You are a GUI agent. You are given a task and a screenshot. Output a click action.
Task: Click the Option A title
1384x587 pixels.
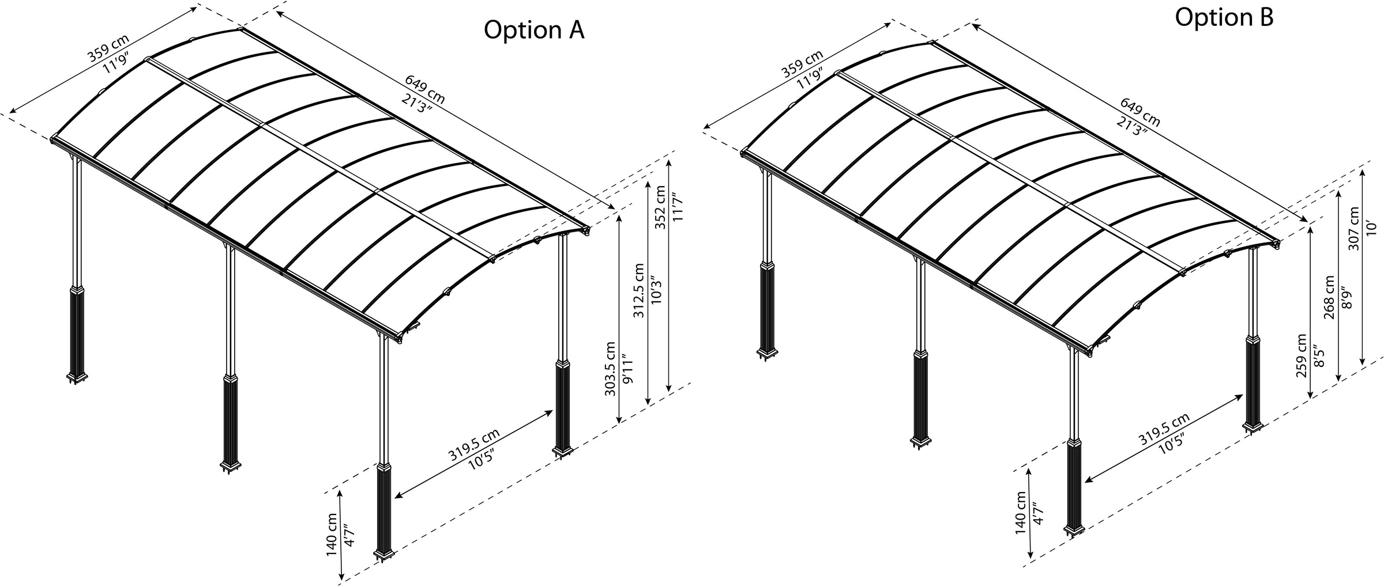click(x=534, y=31)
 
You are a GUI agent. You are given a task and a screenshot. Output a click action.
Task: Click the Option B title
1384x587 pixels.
click(x=1224, y=17)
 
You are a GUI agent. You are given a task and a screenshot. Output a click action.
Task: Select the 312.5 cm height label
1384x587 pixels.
click(x=638, y=290)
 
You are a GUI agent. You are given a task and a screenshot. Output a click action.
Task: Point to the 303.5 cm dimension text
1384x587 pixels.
click(x=611, y=369)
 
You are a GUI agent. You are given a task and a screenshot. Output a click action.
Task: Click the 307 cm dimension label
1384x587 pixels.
click(x=1354, y=228)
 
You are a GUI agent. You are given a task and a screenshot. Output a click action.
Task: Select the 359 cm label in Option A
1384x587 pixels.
click(x=108, y=48)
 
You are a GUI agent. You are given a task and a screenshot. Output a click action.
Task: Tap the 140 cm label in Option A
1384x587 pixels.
click(x=332, y=534)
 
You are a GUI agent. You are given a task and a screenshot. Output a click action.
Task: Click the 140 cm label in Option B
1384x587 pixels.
click(x=1021, y=513)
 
